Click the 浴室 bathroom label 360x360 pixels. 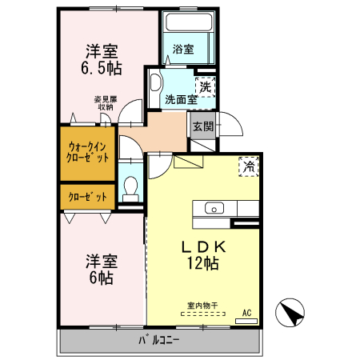pos(183,50)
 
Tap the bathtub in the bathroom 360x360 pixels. pos(189,22)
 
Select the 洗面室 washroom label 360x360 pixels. pos(181,100)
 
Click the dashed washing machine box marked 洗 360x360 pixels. pos(205,87)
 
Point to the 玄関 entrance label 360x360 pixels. pos(203,126)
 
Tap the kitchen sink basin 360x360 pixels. pos(214,208)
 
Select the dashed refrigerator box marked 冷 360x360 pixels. pos(249,166)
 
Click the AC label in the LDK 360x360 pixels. pos(246,313)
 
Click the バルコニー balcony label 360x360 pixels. pos(159,340)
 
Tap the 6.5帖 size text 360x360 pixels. pos(102,68)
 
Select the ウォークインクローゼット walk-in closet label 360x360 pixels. pos(87,152)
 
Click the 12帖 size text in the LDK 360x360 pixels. pos(203,263)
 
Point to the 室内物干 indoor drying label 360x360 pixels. pos(202,306)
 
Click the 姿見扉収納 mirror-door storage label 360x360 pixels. pos(106,103)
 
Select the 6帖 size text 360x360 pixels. pos(102,278)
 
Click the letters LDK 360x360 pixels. pos(204,246)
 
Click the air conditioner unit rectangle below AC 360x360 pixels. pos(246,322)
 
